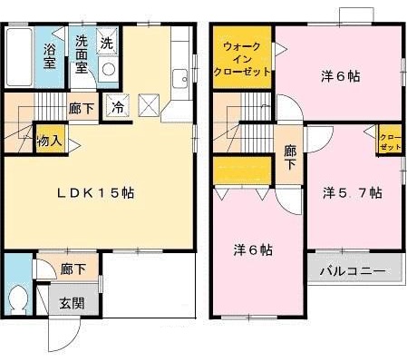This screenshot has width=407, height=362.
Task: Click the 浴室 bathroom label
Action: pyautogui.click(x=50, y=55)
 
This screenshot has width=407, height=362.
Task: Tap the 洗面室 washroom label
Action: pyautogui.click(x=81, y=55)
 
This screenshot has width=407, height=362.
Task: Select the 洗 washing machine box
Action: pyautogui.click(x=106, y=44)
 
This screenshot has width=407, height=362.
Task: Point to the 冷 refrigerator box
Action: pyautogui.click(x=119, y=106)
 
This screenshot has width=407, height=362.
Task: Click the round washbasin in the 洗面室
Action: pyautogui.click(x=109, y=70)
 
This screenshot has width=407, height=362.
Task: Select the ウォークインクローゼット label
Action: pyautogui.click(x=240, y=57)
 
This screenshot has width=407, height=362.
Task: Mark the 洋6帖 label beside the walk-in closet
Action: pyautogui.click(x=341, y=76)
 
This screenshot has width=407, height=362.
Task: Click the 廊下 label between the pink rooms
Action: pyautogui.click(x=289, y=159)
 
